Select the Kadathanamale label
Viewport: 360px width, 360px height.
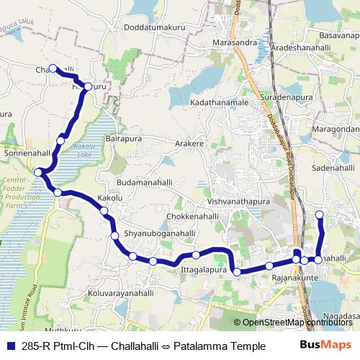(219, 103)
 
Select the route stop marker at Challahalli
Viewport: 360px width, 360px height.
(53, 68)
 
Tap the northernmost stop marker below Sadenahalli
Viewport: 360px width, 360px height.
(320, 215)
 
